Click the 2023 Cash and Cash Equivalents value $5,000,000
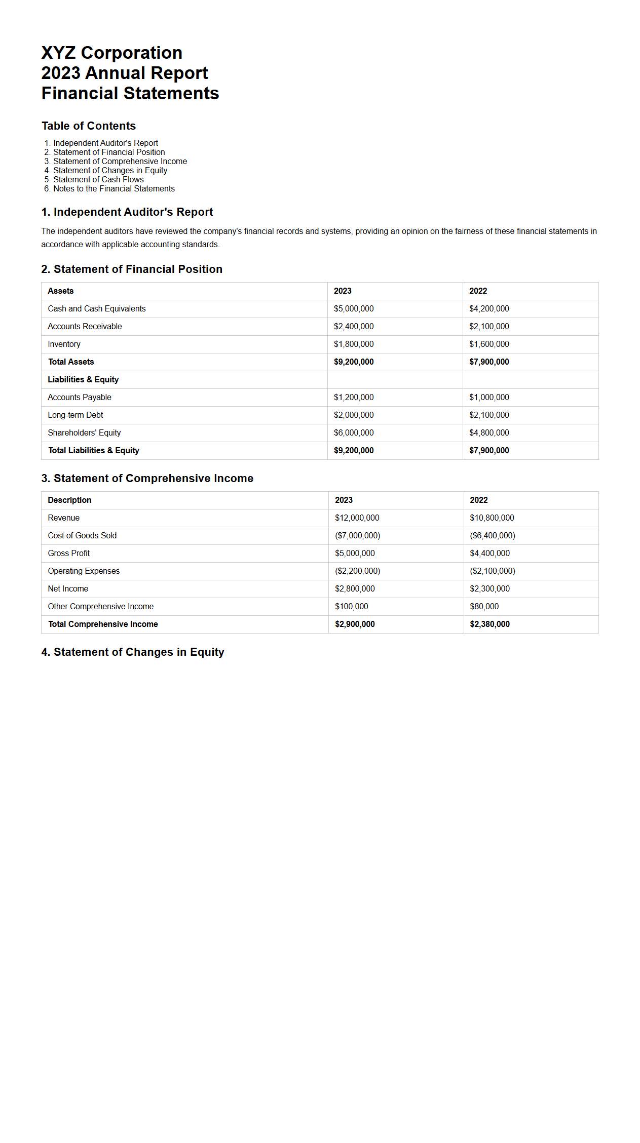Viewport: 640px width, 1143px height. pos(354,309)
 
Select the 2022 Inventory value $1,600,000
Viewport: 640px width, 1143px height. pos(489,344)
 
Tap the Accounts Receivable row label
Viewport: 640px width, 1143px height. pos(85,327)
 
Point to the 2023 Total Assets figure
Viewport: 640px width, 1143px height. pos(354,362)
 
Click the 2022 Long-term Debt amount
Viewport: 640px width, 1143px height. pos(489,415)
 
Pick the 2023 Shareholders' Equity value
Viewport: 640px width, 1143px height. pos(354,433)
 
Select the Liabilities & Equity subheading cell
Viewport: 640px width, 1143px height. pos(83,380)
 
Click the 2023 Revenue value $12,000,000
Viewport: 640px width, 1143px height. pos(357,518)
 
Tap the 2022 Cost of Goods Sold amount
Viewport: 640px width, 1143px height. pos(492,536)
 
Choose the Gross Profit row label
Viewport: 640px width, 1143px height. pos(68,554)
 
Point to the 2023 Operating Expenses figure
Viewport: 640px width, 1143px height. pos(357,571)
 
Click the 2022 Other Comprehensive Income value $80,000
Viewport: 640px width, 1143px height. pos(484,607)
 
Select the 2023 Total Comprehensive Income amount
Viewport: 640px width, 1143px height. pos(355,624)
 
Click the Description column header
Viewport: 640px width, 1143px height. pos(69,500)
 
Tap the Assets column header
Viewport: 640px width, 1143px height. pos(60,291)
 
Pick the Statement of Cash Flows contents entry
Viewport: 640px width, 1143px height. pos(98,180)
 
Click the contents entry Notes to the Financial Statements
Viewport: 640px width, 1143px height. pos(114,189)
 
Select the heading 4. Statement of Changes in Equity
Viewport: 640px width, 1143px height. pos(133,652)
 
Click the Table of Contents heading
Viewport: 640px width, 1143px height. pos(89,126)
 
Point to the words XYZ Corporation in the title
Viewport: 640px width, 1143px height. pos(111,53)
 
